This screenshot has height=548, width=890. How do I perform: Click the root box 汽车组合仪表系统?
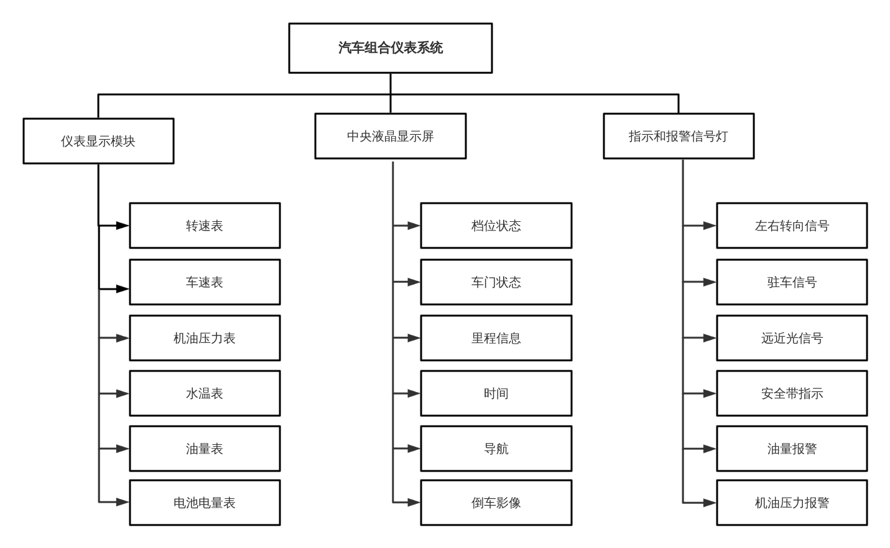[x=390, y=48]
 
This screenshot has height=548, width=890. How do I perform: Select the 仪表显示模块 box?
[x=98, y=141]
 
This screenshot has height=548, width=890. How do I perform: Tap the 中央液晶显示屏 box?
[x=390, y=136]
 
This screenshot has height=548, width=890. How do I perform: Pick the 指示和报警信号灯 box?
[x=679, y=136]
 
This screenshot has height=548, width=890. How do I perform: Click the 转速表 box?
[x=205, y=226]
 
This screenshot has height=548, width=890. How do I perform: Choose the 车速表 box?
[x=205, y=282]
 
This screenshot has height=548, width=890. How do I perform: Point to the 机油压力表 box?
[x=205, y=338]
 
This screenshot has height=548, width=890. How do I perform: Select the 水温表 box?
[x=205, y=393]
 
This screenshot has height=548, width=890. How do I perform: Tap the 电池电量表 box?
[x=205, y=503]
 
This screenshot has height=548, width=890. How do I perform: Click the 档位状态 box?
[x=496, y=226]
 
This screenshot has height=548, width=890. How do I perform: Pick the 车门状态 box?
[x=496, y=282]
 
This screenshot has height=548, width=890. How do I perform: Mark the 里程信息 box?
[x=496, y=338]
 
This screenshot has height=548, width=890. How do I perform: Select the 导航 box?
[x=496, y=449]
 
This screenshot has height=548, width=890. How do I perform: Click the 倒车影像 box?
[x=496, y=503]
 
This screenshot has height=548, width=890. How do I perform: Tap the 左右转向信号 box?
[x=792, y=226]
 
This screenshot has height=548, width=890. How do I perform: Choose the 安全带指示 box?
[x=792, y=393]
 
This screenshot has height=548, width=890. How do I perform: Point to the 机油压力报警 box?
[x=792, y=503]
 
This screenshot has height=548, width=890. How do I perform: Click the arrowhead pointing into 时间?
[x=414, y=393]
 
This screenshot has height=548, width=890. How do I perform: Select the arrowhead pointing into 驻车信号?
[x=710, y=282]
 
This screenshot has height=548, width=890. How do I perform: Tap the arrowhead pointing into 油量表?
[x=123, y=449]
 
